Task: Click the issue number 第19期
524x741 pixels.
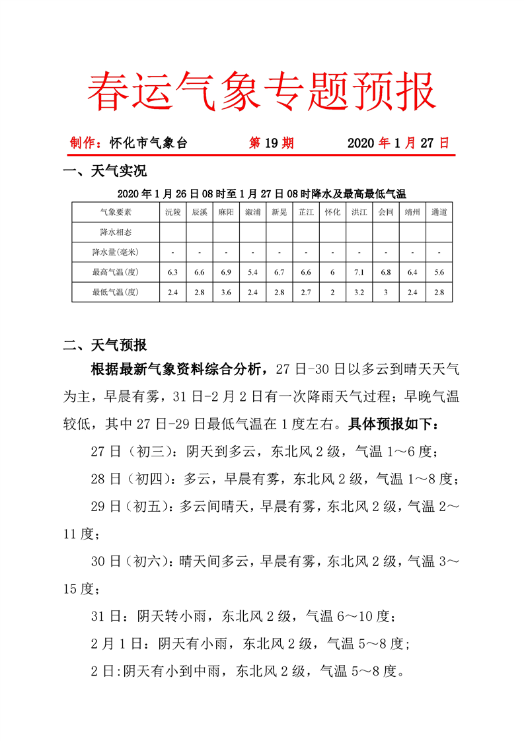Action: click(x=271, y=143)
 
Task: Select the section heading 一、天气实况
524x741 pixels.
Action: click(x=104, y=172)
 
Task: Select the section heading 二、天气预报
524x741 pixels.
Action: click(x=104, y=345)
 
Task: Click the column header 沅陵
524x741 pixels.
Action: click(x=172, y=213)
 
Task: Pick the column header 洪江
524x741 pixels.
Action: click(x=359, y=213)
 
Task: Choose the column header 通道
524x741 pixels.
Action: click(x=439, y=213)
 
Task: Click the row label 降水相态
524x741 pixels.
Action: click(x=116, y=232)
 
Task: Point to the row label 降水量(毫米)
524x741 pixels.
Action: click(x=116, y=252)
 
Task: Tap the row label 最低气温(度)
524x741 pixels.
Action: click(x=116, y=292)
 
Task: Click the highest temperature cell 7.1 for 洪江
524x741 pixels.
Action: click(x=359, y=272)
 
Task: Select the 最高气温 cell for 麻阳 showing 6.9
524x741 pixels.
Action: click(x=226, y=272)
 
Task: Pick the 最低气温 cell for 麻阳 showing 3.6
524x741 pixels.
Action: click(x=226, y=292)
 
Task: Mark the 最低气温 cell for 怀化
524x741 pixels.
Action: click(x=332, y=292)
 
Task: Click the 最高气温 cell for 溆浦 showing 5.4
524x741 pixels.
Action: click(x=252, y=272)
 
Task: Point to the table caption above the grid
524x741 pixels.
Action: click(x=262, y=194)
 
